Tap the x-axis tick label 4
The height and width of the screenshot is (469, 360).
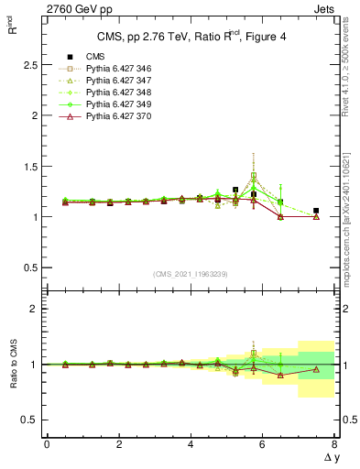[x=191, y=444]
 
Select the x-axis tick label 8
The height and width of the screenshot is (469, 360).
[x=334, y=444]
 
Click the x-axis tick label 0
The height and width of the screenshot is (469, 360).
[x=47, y=444]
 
